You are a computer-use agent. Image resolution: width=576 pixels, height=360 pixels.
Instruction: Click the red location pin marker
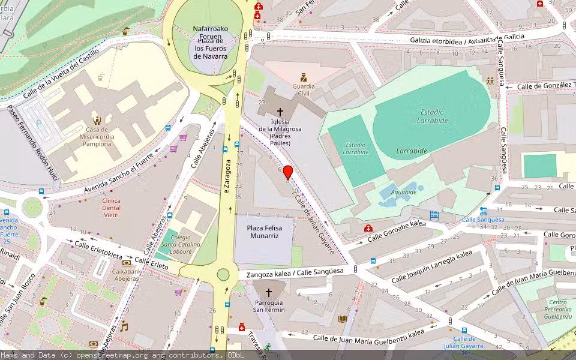pos(287,172)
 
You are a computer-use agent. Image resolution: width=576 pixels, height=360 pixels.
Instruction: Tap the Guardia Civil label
pos(304,90)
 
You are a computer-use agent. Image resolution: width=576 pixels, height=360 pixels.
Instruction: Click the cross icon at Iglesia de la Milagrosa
pos(280,112)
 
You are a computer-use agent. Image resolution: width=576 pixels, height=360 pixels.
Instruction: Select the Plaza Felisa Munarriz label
pos(264,232)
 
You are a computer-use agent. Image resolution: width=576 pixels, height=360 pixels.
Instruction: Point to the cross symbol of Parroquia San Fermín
pos(268,293)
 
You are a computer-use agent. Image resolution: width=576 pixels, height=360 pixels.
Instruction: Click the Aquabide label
pos(404,192)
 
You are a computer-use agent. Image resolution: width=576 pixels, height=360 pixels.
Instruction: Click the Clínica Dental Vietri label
pos(112,208)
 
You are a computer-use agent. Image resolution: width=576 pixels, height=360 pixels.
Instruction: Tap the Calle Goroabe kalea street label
pos(397,232)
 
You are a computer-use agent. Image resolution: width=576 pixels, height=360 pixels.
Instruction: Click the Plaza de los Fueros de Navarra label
pos(211,43)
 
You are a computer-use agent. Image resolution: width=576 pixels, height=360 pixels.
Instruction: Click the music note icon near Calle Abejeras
pos(124,327)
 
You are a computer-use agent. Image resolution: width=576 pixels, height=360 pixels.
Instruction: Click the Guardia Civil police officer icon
pos(304,77)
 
